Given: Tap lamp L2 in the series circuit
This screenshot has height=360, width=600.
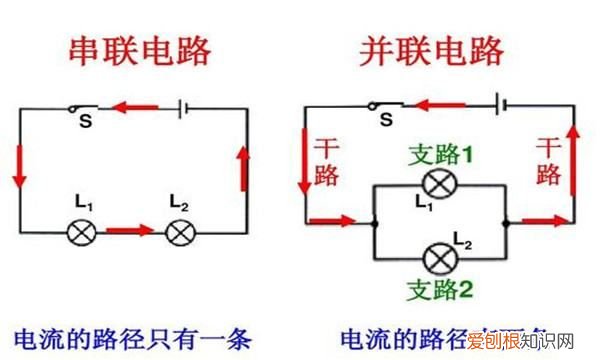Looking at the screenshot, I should (181, 232).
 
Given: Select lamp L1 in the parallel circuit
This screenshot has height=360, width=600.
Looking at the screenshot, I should (438, 184).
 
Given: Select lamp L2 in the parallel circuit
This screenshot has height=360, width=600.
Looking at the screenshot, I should (438, 259).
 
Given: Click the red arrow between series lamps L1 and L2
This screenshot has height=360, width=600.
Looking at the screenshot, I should (130, 231).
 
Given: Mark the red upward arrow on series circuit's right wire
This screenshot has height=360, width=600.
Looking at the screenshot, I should (243, 168).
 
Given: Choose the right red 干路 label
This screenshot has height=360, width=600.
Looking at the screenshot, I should (547, 161).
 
